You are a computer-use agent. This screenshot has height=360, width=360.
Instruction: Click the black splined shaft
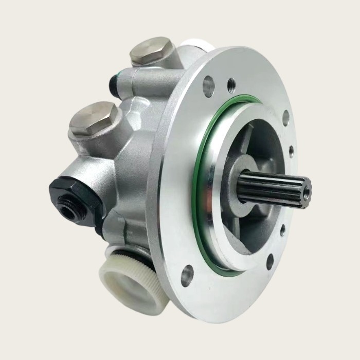tap(273, 188)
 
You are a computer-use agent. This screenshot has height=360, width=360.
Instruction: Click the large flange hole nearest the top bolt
tap(208, 85)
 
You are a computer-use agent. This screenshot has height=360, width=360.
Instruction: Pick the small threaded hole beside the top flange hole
tap(231, 84)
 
